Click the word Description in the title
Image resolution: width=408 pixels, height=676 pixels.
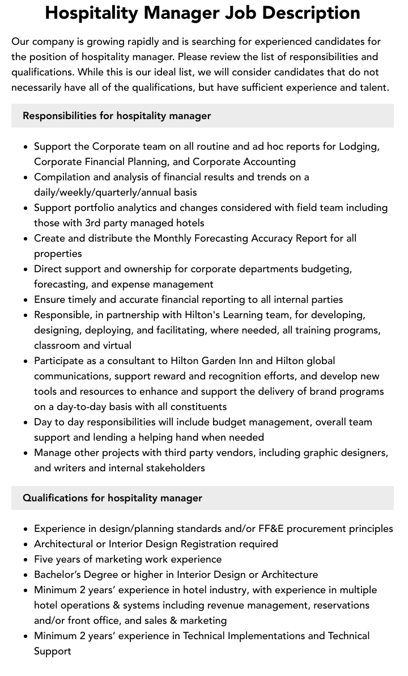309,12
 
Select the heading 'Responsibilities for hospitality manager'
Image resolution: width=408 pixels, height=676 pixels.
117,116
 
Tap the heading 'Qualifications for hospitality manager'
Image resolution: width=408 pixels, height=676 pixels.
112,498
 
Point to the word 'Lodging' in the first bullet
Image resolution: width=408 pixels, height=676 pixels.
359,146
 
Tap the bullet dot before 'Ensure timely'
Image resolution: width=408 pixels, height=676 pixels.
25,299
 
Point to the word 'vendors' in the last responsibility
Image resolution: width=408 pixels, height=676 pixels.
247,453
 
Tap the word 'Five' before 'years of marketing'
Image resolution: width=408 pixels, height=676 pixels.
44,559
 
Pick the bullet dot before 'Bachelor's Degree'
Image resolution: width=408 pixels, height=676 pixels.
25,574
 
